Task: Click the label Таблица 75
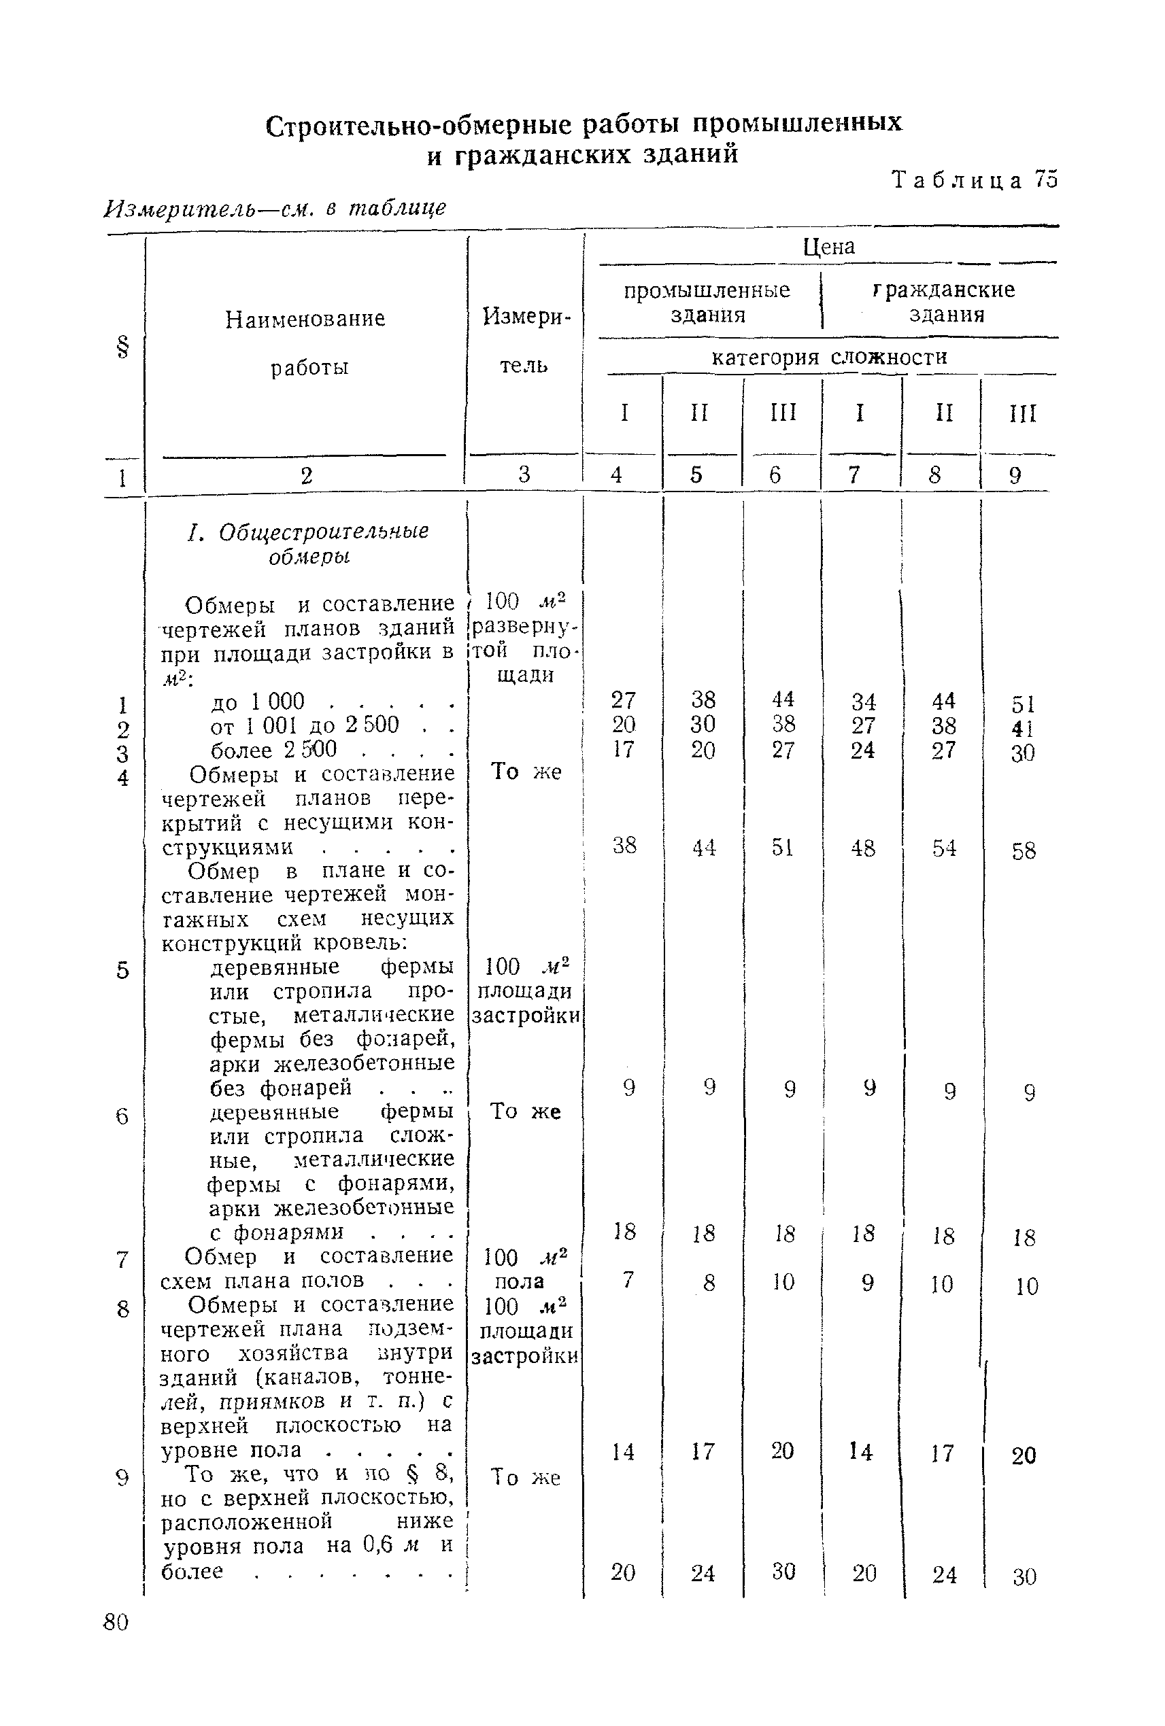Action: [974, 180]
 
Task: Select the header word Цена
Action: [829, 247]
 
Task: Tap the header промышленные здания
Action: [707, 303]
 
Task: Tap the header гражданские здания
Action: [946, 302]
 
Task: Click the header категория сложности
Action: [829, 358]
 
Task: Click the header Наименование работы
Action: [305, 343]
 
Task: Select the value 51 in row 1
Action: [1023, 704]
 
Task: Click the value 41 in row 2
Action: [1023, 729]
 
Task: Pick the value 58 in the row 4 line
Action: [1023, 851]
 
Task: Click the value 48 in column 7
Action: [862, 848]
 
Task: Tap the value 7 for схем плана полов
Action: [628, 1279]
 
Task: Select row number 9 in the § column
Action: [123, 1478]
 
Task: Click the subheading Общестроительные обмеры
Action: [308, 544]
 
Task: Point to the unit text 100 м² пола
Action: [524, 1269]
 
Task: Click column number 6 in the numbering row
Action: [775, 475]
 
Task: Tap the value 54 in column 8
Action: [943, 848]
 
